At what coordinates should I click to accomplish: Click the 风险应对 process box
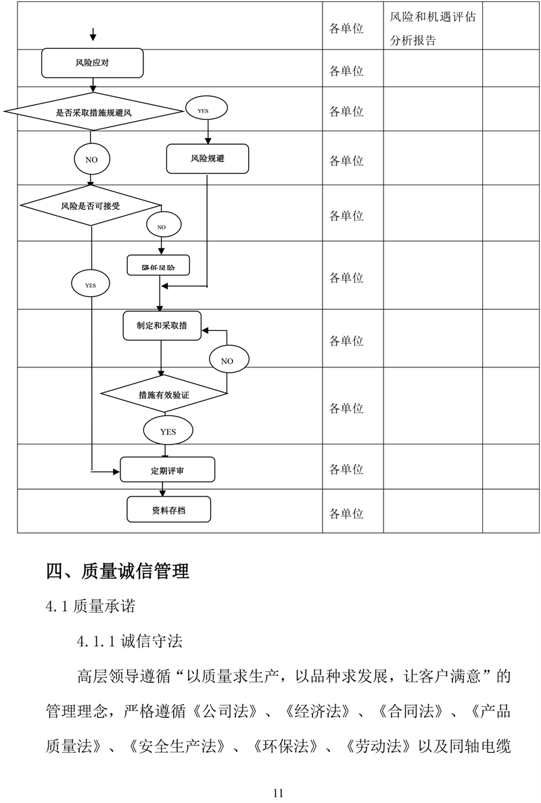point(93,63)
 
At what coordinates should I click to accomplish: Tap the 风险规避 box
point(208,160)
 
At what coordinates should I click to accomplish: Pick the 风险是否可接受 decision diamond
point(91,205)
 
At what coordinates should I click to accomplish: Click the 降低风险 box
point(158,266)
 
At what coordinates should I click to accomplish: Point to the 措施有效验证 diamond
point(163,394)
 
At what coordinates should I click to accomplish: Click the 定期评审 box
point(167,469)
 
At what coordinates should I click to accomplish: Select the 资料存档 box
point(168,509)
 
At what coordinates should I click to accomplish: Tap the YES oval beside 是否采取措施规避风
point(208,110)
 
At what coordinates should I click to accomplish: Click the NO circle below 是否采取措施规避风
point(91,160)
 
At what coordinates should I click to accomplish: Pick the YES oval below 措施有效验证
point(168,431)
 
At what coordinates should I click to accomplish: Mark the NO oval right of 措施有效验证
point(227,361)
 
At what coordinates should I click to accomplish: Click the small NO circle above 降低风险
point(161,227)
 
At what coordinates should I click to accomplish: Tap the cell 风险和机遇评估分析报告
point(432,28)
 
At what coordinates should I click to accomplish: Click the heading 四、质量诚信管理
point(117,572)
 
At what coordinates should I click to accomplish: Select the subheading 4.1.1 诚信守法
point(129,640)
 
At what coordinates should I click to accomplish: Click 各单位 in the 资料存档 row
point(346,514)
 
